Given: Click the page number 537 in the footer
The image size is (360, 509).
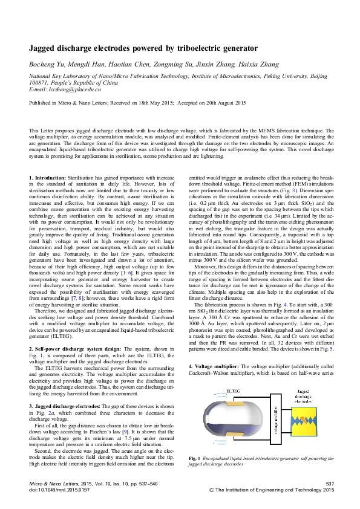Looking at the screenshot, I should pyautogui.click(x=330, y=484).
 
